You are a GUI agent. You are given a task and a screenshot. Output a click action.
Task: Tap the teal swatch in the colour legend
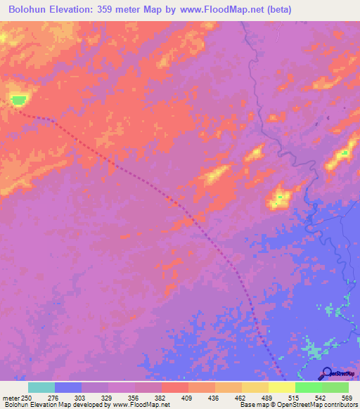click(x=41, y=387)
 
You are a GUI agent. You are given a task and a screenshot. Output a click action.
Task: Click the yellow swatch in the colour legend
click(x=281, y=387)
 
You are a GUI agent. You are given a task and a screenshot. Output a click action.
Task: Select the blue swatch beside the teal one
click(x=67, y=387)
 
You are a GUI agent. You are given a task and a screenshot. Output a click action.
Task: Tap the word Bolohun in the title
click(x=30, y=10)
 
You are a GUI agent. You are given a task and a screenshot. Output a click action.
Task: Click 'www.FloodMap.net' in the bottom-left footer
click(x=140, y=405)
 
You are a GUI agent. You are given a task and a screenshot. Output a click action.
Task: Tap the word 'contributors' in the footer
click(x=337, y=405)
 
